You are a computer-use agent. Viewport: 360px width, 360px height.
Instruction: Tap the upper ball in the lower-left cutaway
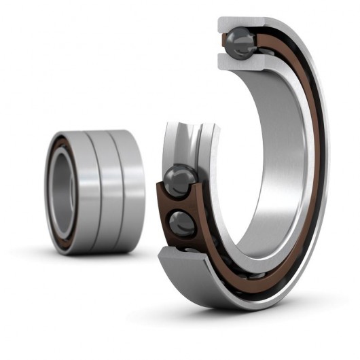pyautogui.click(x=180, y=181)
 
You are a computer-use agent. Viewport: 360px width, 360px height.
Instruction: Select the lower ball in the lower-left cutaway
pyautogui.click(x=182, y=223)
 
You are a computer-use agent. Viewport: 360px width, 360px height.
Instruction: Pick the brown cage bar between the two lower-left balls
pyautogui.click(x=178, y=203)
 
